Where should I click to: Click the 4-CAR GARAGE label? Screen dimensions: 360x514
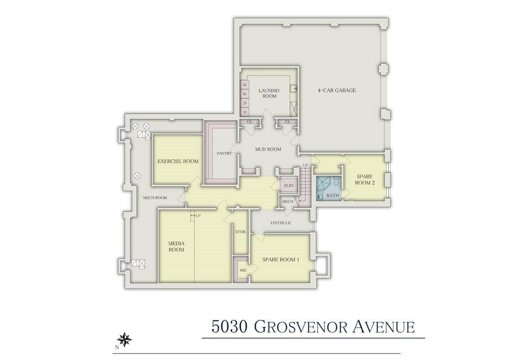[337, 90]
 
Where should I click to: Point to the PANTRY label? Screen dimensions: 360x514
[224, 153]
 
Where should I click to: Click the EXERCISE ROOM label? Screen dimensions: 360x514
[178, 161]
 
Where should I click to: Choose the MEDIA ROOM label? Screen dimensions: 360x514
[176, 246]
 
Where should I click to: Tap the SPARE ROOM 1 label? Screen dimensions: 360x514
[281, 260]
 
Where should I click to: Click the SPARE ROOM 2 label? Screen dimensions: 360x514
[365, 179]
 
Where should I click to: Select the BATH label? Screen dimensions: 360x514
[332, 196]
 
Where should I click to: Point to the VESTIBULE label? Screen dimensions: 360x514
[281, 223]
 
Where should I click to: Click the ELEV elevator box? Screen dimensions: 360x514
[289, 186]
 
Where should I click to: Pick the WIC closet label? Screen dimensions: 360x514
[244, 269]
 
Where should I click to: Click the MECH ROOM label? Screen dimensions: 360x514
[155, 198]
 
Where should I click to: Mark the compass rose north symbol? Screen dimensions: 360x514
[125, 339]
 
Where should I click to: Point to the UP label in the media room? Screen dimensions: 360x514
[198, 215]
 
